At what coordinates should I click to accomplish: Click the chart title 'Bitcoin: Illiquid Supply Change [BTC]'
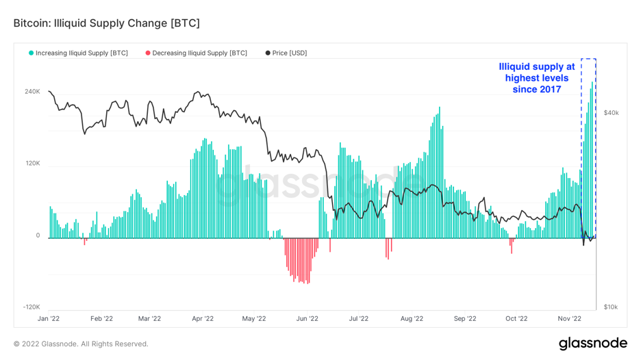click(x=107, y=23)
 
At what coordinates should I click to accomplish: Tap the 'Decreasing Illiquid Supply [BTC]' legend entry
click(x=199, y=53)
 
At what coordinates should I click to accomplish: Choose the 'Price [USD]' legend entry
click(x=289, y=53)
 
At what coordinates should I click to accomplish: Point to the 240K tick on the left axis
click(x=32, y=92)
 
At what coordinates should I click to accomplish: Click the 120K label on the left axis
click(x=32, y=164)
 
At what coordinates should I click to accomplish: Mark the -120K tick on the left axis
click(x=32, y=307)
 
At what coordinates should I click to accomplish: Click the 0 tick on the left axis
click(x=38, y=235)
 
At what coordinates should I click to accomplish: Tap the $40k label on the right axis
click(x=611, y=113)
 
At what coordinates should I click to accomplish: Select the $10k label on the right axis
click(x=610, y=307)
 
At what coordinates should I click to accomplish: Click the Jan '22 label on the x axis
click(x=48, y=318)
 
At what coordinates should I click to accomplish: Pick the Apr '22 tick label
click(x=203, y=318)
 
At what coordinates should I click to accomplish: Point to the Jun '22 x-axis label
click(x=307, y=318)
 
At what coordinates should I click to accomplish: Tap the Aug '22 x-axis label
click(x=412, y=318)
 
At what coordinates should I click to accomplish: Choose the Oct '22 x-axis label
click(x=516, y=318)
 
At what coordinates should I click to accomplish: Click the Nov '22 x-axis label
click(x=569, y=318)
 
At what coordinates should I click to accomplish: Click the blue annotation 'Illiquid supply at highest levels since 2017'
click(x=537, y=78)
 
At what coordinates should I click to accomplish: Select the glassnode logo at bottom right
click(x=592, y=343)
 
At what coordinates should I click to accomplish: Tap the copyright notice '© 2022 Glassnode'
click(x=81, y=344)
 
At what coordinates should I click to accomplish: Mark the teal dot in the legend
click(x=31, y=53)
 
